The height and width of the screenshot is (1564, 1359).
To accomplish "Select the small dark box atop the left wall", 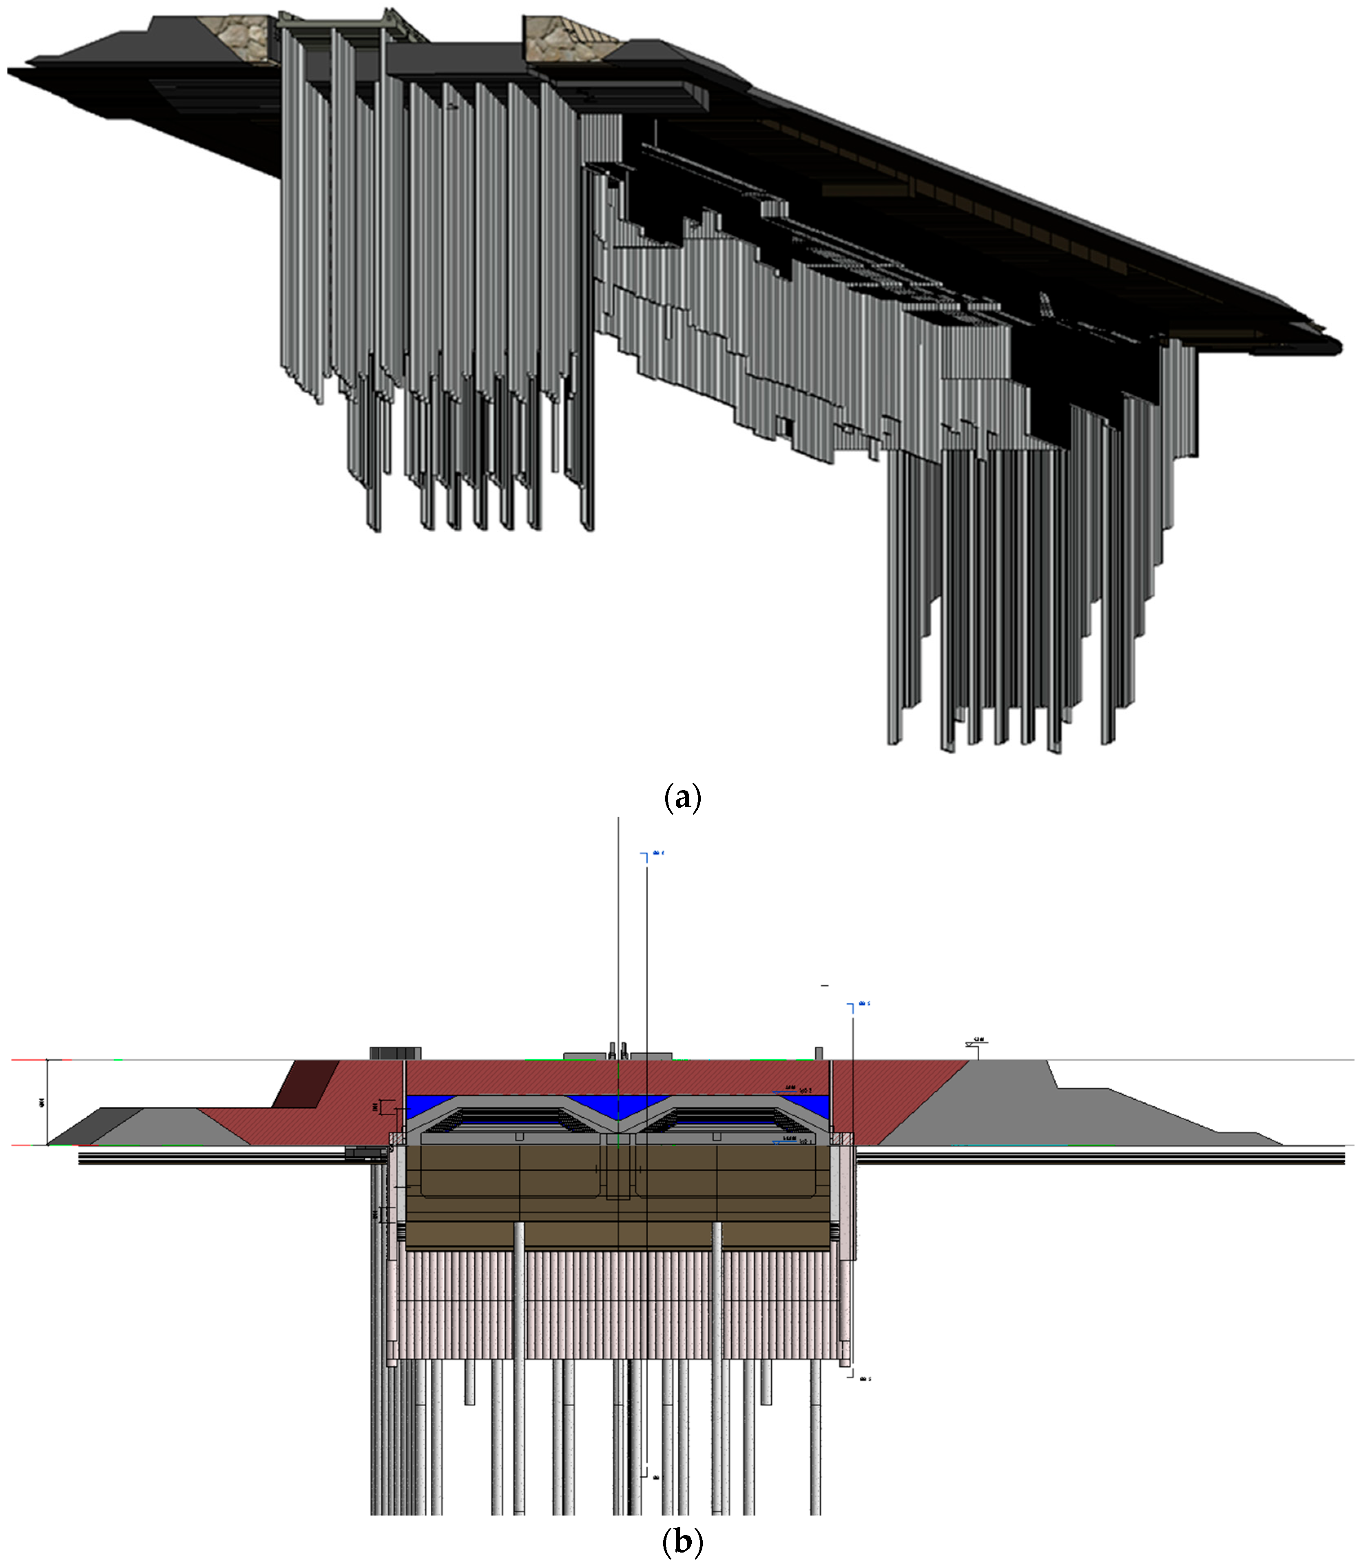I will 394,1053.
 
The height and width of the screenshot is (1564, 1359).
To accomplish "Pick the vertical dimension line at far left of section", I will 48,1101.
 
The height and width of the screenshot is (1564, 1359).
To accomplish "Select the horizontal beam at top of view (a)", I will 337,24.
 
